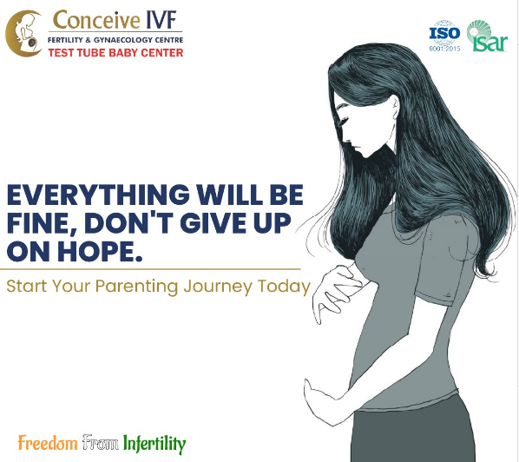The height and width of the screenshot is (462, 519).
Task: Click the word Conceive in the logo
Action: [96, 20]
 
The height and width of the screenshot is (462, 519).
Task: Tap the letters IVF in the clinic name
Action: [161, 20]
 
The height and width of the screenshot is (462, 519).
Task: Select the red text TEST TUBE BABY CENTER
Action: [115, 53]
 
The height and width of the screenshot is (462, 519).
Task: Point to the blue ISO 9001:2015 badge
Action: [444, 36]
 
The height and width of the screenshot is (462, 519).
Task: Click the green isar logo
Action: [487, 36]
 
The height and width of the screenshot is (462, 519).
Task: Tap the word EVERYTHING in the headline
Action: [98, 195]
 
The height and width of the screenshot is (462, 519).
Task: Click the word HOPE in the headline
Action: [100, 251]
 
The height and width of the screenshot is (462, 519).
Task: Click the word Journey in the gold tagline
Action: [218, 287]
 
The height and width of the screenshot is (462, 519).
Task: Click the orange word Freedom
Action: [48, 443]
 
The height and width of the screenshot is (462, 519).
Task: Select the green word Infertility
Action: [154, 444]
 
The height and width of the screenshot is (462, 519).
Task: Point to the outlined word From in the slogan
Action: [101, 442]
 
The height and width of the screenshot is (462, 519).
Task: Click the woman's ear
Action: [395, 108]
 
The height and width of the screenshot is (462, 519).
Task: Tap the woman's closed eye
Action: [343, 119]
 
